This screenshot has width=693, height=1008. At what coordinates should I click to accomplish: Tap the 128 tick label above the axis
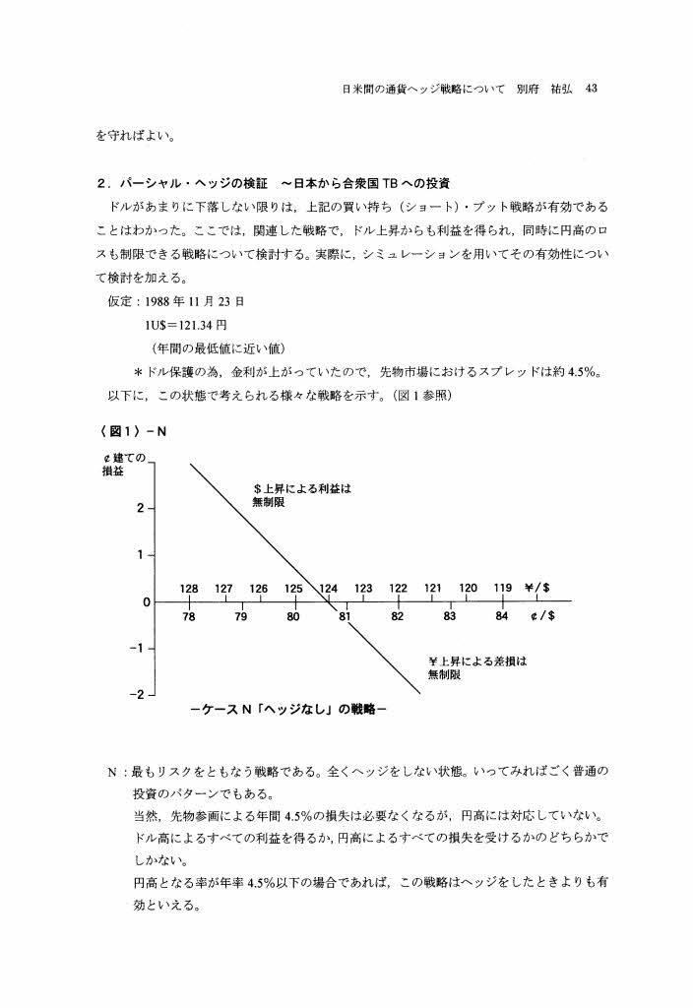(x=189, y=588)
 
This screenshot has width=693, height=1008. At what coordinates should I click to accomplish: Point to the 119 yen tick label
(x=502, y=588)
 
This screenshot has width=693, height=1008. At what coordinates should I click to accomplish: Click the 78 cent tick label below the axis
(x=189, y=617)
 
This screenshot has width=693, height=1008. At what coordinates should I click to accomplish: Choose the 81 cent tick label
(x=345, y=617)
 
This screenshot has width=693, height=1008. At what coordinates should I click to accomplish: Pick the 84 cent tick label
(x=502, y=617)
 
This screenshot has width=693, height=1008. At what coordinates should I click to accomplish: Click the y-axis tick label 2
(x=141, y=508)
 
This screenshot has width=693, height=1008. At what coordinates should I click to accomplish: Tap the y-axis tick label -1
(x=139, y=649)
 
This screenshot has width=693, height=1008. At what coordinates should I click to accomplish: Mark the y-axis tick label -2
(x=139, y=695)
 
